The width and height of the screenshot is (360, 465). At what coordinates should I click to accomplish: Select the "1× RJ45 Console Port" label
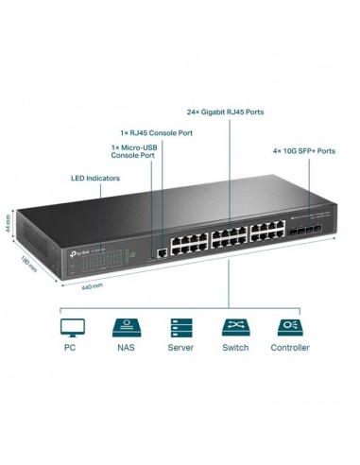[158, 132]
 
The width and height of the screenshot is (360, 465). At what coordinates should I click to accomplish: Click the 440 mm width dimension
[92, 284]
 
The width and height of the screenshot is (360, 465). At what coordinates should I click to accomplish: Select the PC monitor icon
[72, 327]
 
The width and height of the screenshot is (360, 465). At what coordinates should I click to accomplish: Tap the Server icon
[180, 327]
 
